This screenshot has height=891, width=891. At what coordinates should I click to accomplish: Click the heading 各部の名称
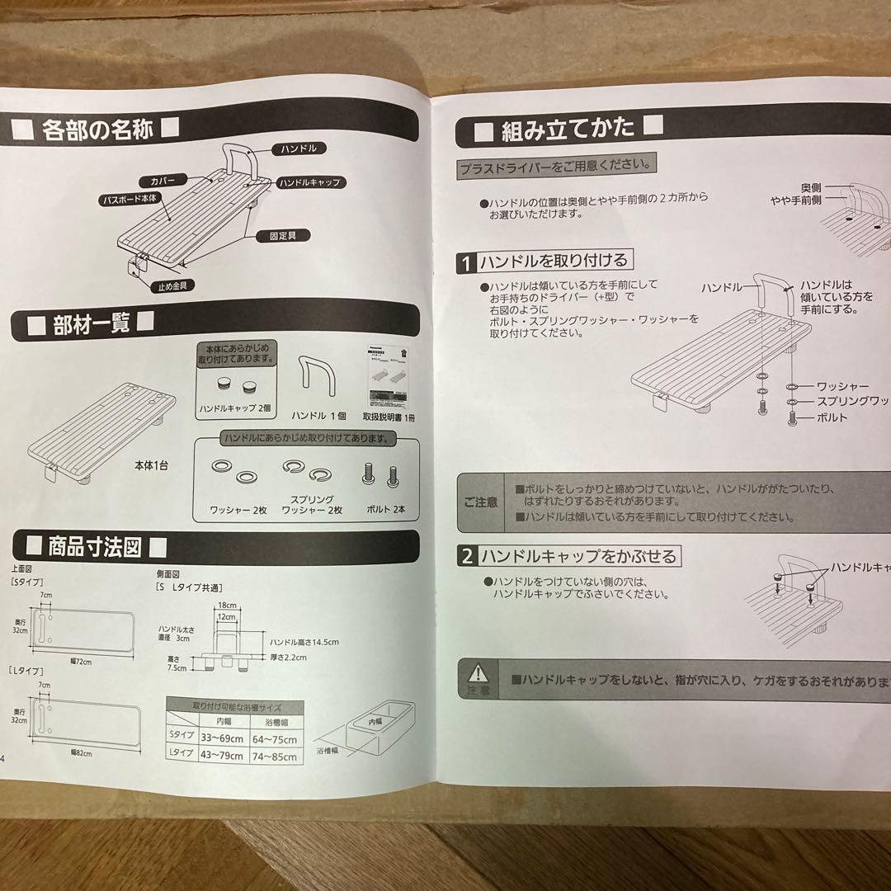(x=97, y=130)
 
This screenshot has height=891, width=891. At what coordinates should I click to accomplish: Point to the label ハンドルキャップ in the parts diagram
(x=309, y=181)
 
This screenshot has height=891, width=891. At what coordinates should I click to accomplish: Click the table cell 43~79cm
(x=224, y=755)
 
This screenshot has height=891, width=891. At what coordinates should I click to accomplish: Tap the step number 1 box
(x=466, y=263)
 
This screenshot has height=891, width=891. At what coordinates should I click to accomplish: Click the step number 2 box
(x=466, y=557)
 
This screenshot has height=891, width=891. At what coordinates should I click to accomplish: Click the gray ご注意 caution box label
(x=480, y=502)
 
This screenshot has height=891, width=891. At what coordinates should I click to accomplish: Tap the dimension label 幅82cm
(x=80, y=752)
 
